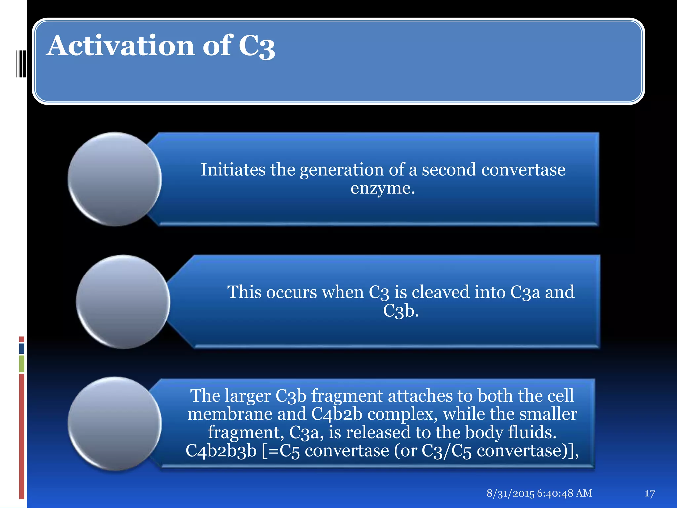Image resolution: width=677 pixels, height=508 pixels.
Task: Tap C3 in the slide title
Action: [257, 47]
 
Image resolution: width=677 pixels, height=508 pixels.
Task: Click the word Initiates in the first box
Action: [233, 170]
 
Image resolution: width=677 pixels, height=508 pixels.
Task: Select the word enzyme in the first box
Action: [382, 189]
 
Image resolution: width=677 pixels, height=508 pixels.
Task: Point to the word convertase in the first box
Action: [523, 170]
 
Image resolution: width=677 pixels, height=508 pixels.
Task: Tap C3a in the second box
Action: [525, 292]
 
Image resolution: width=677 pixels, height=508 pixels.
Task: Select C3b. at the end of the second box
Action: [401, 311]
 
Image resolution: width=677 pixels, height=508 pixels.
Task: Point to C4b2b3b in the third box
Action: [221, 451]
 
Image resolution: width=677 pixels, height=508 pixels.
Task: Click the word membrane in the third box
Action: [230, 414]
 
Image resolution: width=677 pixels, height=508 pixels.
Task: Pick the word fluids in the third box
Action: [532, 432]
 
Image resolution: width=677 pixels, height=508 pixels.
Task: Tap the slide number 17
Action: [649, 494]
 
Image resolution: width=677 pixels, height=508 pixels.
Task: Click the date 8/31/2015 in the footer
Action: [510, 493]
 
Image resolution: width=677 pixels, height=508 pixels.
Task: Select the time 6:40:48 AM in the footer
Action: [565, 493]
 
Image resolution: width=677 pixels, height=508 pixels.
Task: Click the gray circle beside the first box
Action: [114, 179]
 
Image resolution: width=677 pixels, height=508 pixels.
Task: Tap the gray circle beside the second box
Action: [123, 302]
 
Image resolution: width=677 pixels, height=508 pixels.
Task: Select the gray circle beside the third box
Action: [114, 424]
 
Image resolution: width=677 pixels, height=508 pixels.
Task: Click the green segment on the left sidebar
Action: [22, 363]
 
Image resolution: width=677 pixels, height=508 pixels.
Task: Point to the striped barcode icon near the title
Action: [21, 63]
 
